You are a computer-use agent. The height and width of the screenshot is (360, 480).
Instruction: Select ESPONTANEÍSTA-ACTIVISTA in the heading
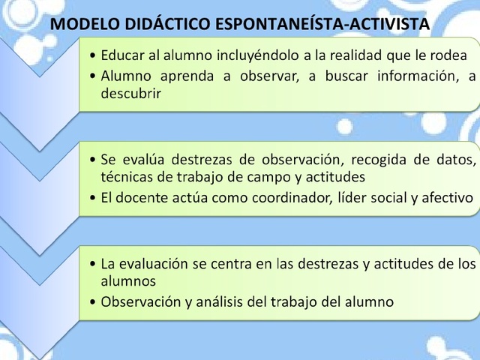[323, 24]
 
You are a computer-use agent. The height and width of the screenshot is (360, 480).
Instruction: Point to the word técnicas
[127, 178]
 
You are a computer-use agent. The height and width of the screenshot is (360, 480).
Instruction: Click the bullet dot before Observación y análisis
[92, 303]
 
